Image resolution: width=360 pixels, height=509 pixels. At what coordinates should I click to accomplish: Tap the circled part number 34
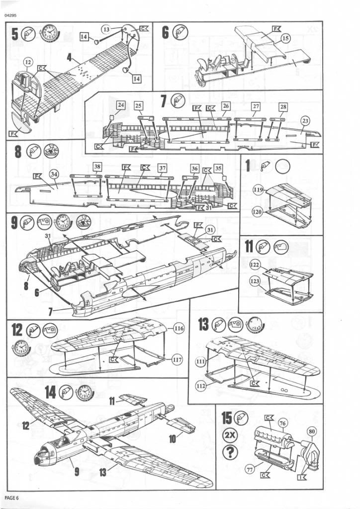[54, 173]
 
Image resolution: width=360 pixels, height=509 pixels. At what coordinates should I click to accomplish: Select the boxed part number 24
[121, 105]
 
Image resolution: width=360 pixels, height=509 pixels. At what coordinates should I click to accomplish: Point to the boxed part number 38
[97, 167]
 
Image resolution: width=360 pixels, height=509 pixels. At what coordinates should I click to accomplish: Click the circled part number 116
[179, 329]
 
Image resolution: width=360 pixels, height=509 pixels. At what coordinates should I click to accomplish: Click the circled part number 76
[283, 423]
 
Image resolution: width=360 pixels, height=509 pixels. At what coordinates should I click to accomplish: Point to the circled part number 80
[312, 431]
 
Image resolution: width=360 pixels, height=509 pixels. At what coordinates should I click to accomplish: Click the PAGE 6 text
[11, 498]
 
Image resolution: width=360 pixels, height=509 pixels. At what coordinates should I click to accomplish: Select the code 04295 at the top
[10, 15]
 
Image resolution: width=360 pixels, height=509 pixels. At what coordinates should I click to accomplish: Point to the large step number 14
[50, 392]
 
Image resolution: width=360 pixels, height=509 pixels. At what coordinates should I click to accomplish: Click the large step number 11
[249, 247]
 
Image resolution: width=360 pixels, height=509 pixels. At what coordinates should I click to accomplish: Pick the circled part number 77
[247, 469]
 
